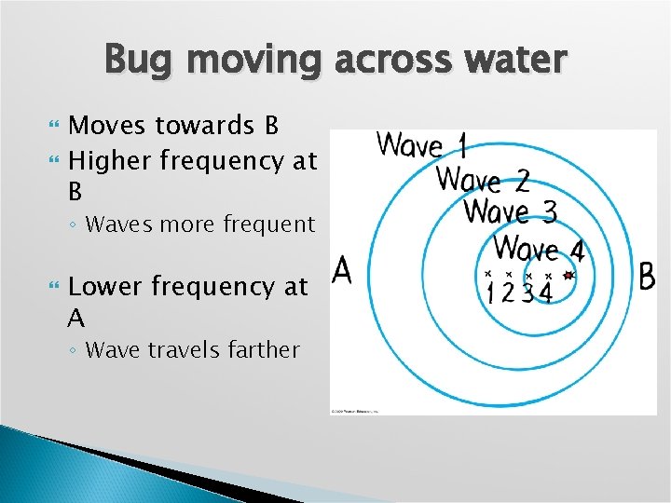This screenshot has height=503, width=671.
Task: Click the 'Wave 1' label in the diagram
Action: coord(421,145)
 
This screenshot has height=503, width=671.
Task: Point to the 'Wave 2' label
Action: coord(483,178)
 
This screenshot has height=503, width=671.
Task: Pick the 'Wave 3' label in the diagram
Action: coord(510,211)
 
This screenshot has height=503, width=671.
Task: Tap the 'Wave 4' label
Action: coord(540,249)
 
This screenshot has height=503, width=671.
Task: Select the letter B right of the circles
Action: coord(646,277)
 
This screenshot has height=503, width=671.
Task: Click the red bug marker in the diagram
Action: coord(568,276)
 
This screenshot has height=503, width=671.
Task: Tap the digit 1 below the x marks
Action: coord(490,294)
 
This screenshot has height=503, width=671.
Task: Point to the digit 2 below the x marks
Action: coord(509,294)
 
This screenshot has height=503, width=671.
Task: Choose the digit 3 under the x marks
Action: coord(527,294)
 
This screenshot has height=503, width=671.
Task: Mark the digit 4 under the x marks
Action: coord(546,294)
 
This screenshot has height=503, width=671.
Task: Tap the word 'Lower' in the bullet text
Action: coord(104,287)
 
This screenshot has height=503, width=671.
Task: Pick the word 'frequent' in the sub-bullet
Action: coord(272,224)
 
